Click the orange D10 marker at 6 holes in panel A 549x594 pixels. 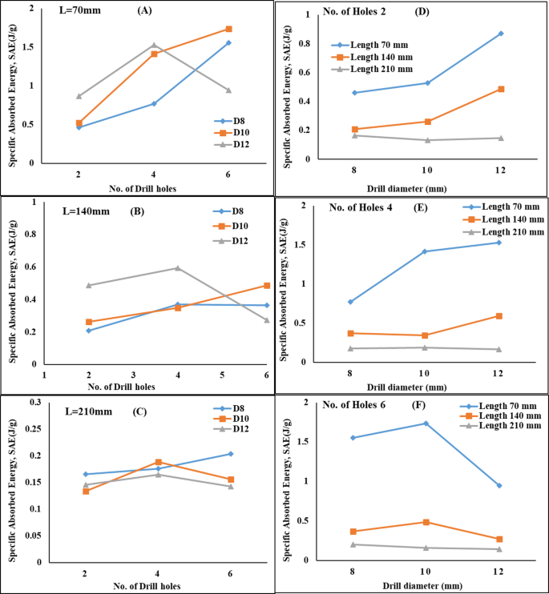click(229, 29)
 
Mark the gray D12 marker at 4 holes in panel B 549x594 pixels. click(177, 267)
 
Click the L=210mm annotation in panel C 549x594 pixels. click(90, 411)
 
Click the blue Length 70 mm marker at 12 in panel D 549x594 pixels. click(501, 34)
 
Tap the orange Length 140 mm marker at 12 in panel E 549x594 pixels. click(499, 316)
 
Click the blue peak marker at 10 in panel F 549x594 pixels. click(426, 423)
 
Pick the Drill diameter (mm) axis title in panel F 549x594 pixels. click(426, 585)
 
